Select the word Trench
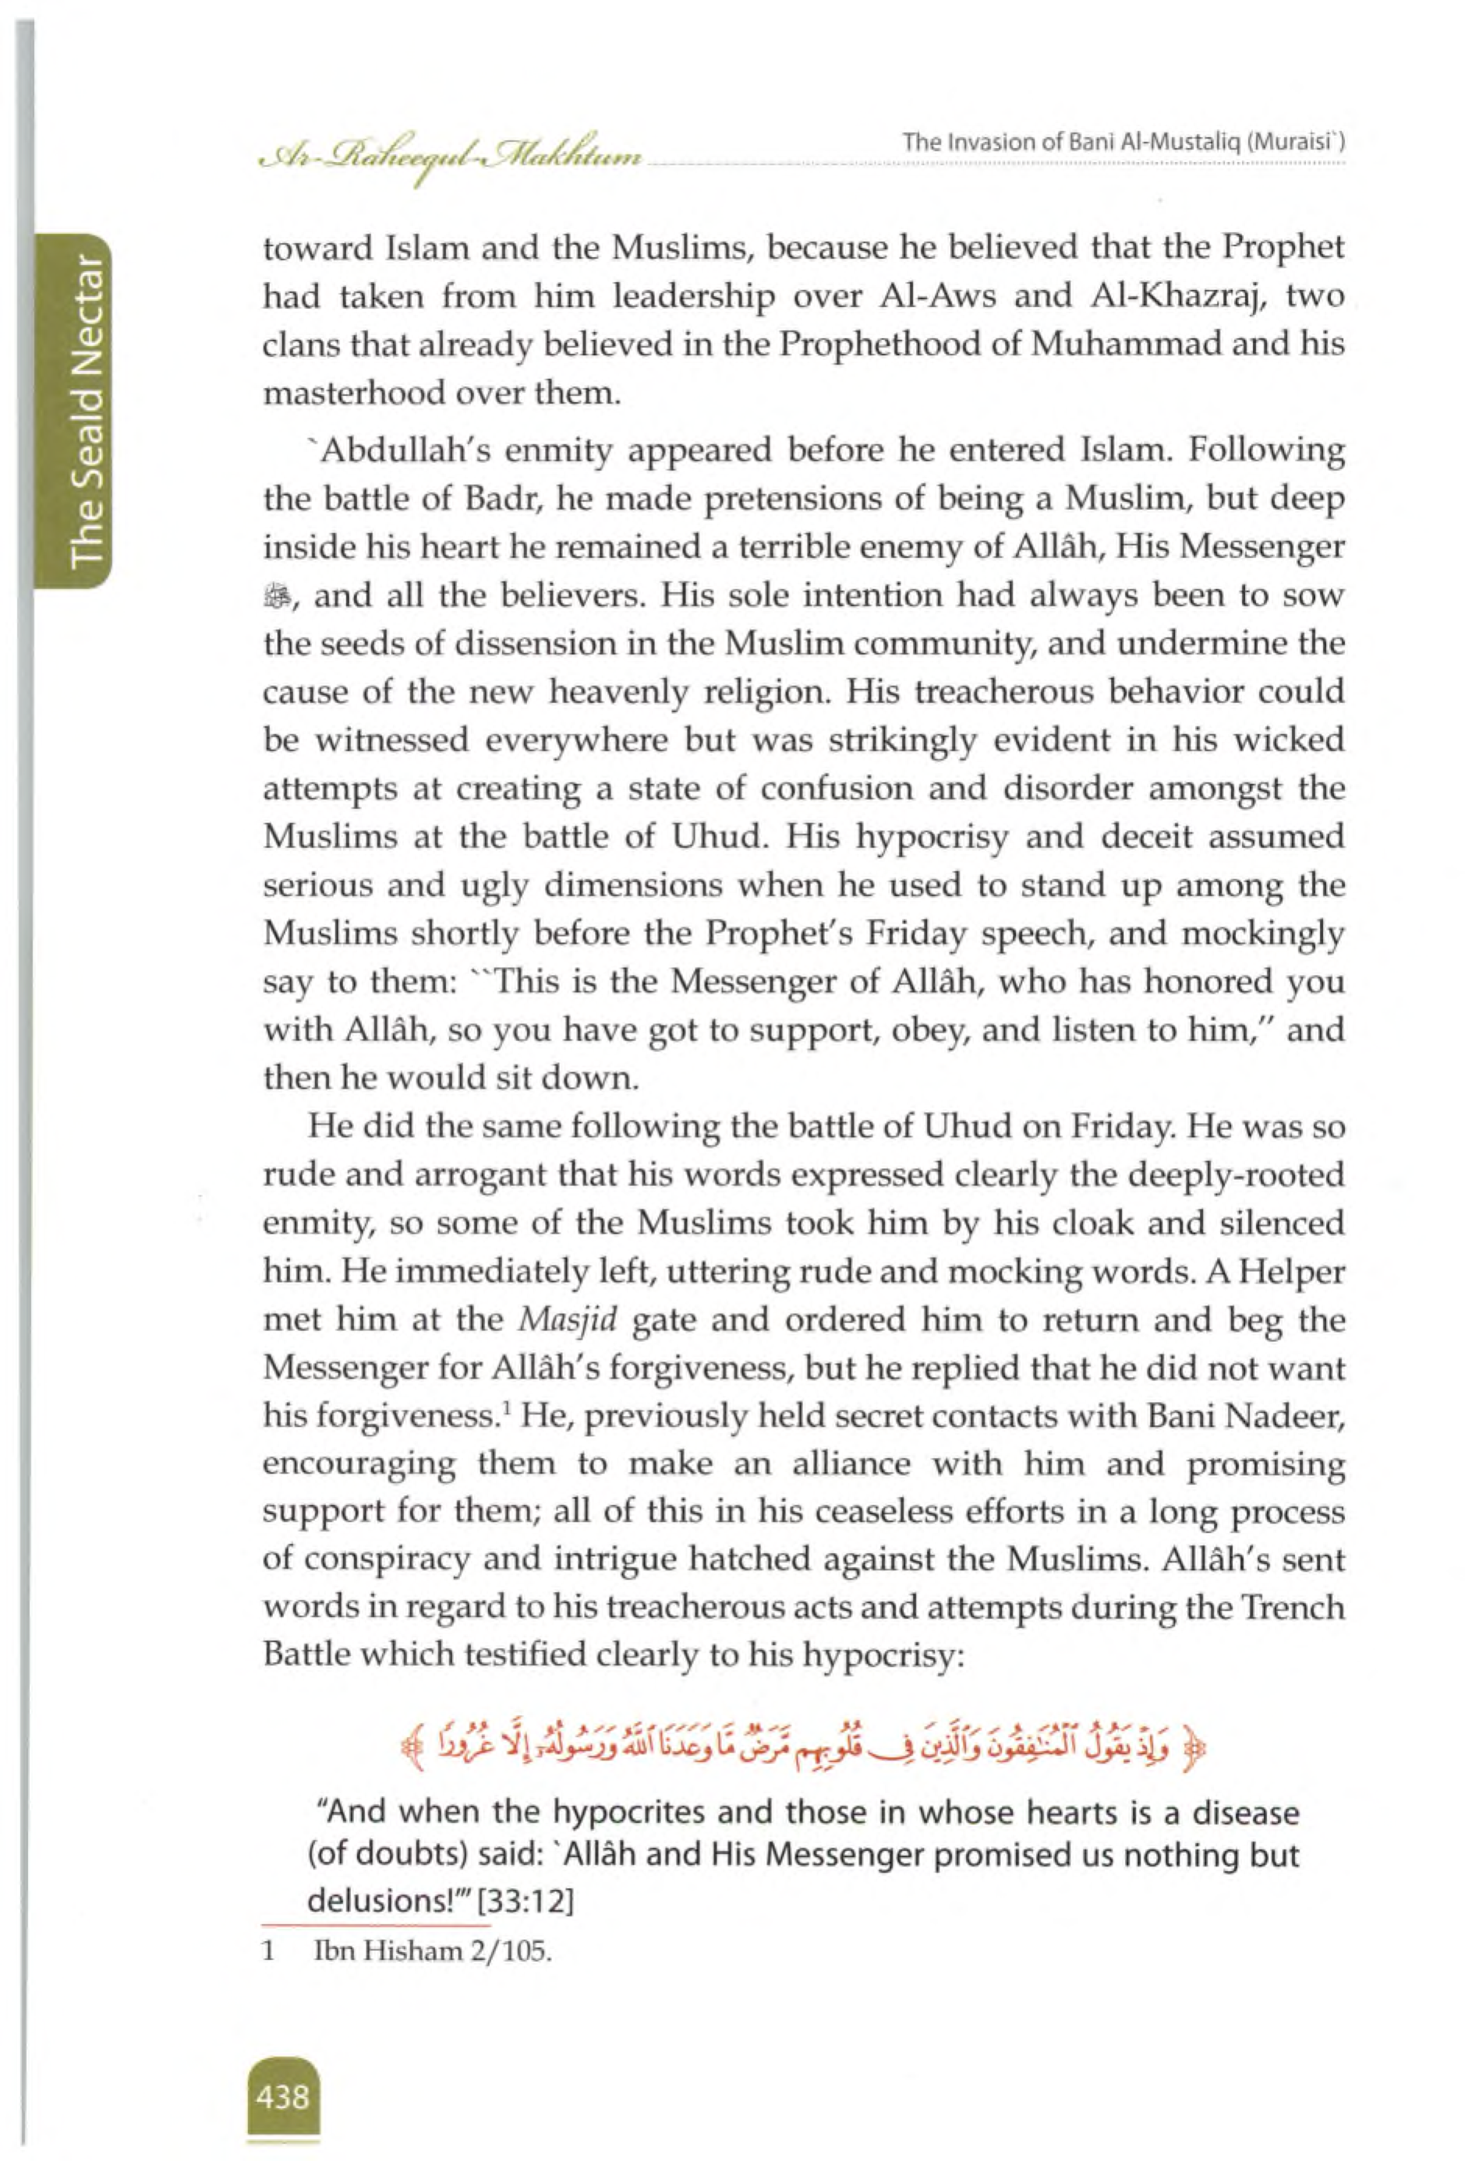[1287, 1609]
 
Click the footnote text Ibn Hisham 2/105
[433, 1951]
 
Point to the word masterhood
[352, 394]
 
